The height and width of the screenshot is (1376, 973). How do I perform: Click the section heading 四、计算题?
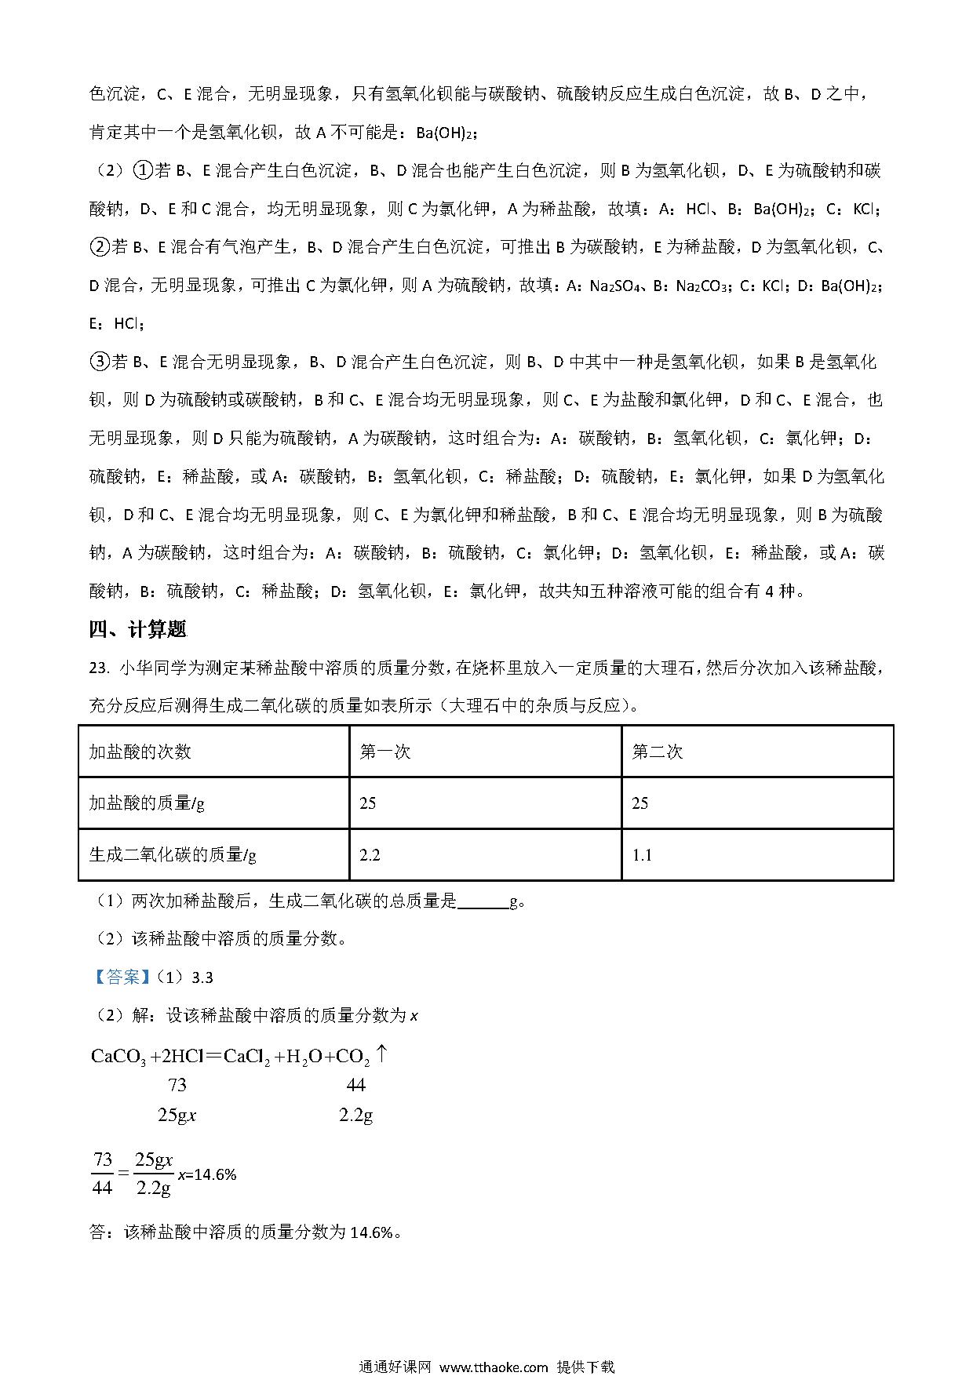pyautogui.click(x=137, y=629)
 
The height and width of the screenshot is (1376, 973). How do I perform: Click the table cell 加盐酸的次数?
pyautogui.click(x=140, y=752)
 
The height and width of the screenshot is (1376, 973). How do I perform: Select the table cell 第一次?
pyautogui.click(x=385, y=752)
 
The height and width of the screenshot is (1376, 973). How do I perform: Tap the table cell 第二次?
pyautogui.click(x=658, y=752)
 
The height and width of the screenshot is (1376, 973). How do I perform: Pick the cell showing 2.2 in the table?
pyautogui.click(x=370, y=854)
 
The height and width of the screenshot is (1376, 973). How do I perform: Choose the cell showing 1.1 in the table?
pyautogui.click(x=642, y=854)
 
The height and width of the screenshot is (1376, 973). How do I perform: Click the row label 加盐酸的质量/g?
pyautogui.click(x=147, y=803)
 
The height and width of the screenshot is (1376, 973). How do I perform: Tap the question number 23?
pyautogui.click(x=97, y=668)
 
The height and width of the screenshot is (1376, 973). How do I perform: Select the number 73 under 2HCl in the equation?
pyautogui.click(x=177, y=1085)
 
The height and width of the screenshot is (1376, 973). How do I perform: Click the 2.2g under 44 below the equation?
pyautogui.click(x=355, y=1115)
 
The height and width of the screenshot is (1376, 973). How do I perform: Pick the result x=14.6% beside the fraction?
pyautogui.click(x=208, y=1174)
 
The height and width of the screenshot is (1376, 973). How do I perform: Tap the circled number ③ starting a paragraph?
pyautogui.click(x=100, y=362)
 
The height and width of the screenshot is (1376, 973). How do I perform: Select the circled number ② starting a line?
pyautogui.click(x=100, y=247)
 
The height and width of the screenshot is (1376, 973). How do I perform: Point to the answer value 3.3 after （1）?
pyautogui.click(x=202, y=977)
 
